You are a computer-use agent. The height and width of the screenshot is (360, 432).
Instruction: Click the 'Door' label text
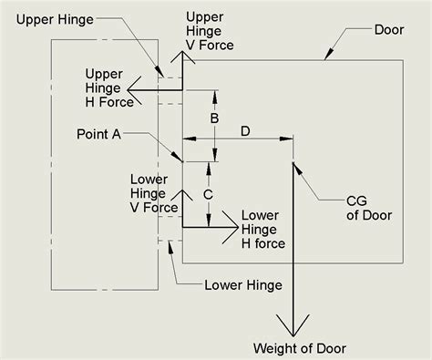click(389, 30)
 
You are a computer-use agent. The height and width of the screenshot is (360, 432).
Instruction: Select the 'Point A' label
click(100, 133)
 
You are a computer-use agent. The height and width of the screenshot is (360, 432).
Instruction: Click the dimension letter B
click(214, 118)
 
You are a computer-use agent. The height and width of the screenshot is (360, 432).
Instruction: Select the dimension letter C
click(208, 194)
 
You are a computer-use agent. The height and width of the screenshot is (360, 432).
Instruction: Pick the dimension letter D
click(245, 132)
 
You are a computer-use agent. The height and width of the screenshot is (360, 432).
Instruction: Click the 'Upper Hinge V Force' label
click(210, 29)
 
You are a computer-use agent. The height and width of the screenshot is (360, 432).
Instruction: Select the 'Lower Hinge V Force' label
click(154, 193)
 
